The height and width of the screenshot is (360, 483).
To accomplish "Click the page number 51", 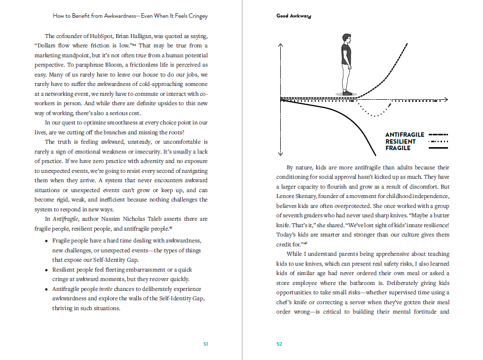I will coord(206,344).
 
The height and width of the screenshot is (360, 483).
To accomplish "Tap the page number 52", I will coord(279,344).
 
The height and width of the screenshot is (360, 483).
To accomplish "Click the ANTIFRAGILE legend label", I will coord(405,135).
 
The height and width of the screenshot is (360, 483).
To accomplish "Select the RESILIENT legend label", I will coord(401,142).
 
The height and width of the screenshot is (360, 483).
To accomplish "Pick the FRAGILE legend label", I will coord(398,148).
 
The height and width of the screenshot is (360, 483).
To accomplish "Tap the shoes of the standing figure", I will coord(347,92).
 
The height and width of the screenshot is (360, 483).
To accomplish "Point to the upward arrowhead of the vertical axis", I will coord(280,45).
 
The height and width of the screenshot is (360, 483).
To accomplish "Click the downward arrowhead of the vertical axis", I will coord(280,153).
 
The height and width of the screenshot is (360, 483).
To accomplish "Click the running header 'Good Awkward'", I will coord(294,16).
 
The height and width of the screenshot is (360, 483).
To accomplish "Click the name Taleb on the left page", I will coord(151,219).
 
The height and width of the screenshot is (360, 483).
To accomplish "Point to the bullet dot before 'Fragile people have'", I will coord(46,241).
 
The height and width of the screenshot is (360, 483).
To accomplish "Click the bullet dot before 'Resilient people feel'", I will coord(46,270).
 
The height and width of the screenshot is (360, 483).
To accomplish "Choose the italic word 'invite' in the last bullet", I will coord(106,289).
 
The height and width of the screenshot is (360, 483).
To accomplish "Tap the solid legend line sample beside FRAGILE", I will coord(438,148).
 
